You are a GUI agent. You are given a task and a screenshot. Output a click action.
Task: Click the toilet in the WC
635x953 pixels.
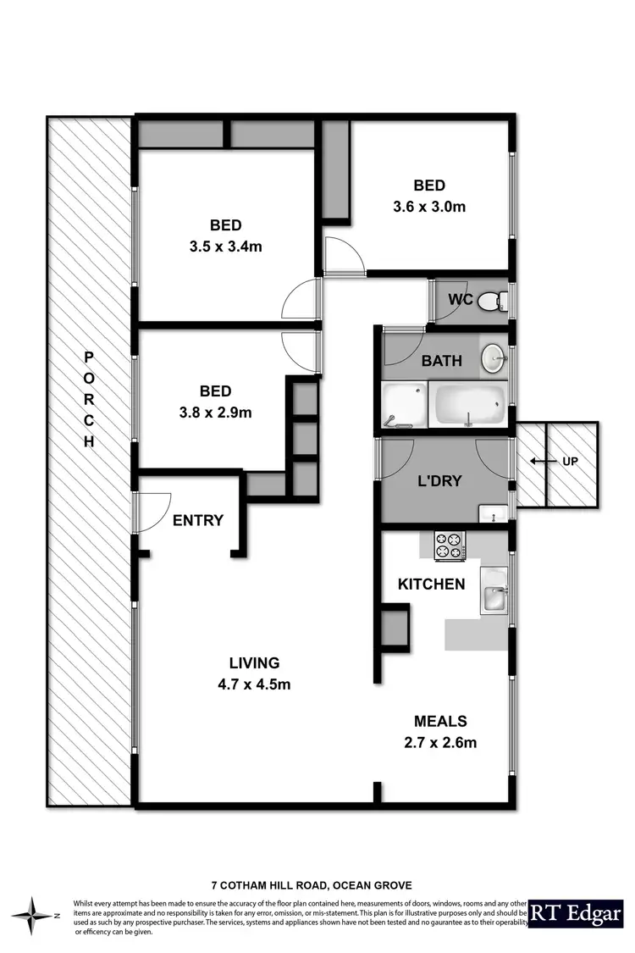[492, 301]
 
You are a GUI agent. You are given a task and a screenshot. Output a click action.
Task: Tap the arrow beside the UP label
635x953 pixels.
[538, 462]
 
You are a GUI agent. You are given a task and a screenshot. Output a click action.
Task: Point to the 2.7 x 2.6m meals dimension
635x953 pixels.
[440, 744]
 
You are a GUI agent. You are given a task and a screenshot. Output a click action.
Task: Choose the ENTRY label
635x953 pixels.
[197, 520]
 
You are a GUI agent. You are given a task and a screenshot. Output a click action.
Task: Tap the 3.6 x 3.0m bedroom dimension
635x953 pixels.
[429, 206]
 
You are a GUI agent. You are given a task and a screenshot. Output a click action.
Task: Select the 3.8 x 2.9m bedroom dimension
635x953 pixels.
[215, 413]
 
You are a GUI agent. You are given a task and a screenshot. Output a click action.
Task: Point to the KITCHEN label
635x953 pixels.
[432, 584]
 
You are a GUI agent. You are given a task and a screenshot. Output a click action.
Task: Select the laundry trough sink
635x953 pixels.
[492, 512]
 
